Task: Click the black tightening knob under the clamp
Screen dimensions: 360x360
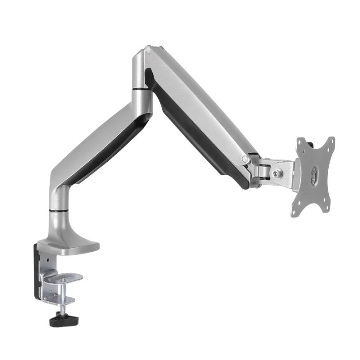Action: tap(66, 318)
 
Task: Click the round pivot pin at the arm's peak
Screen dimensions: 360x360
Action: tap(148, 50)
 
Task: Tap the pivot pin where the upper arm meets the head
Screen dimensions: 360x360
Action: tap(245, 159)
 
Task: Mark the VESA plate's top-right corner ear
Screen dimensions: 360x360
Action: tap(330, 142)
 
